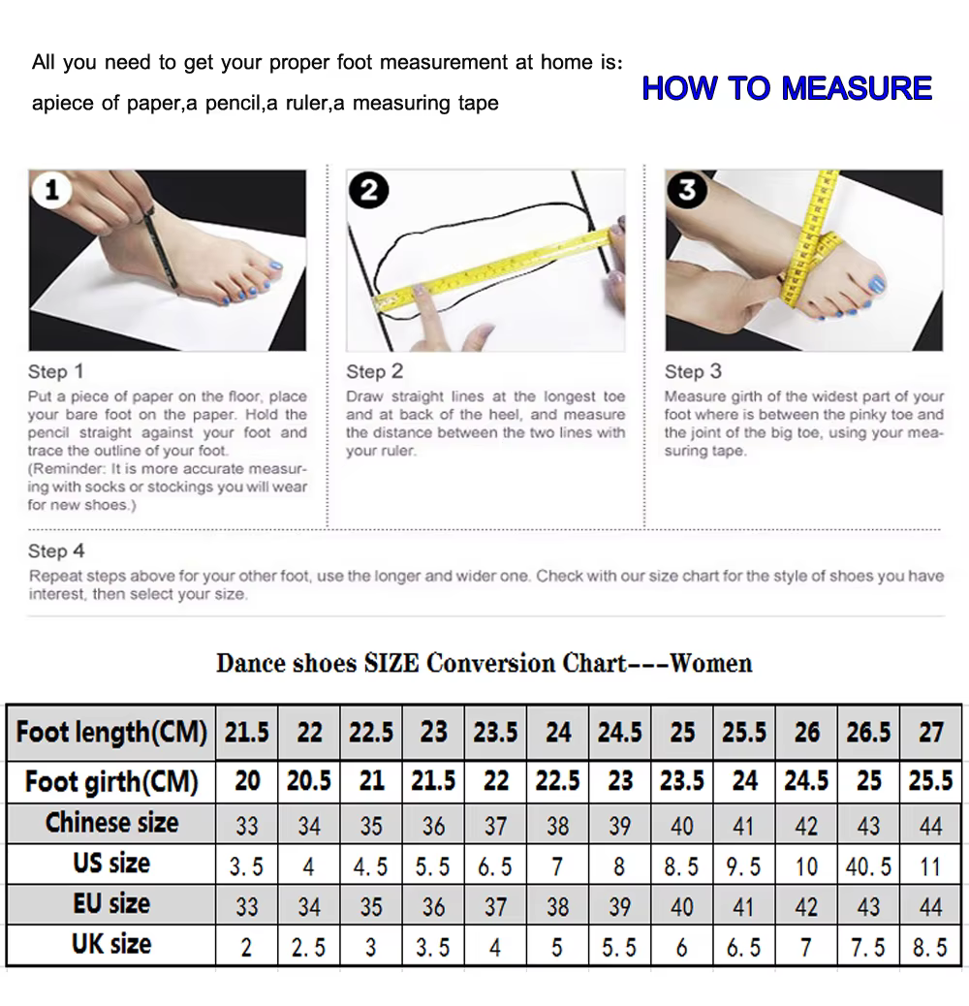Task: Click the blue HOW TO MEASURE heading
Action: click(787, 88)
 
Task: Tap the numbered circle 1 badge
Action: click(51, 190)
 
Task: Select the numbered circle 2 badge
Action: click(369, 191)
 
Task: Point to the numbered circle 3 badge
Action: click(687, 190)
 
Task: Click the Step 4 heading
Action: click(56, 551)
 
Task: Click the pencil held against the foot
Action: click(160, 250)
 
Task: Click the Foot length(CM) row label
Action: click(111, 732)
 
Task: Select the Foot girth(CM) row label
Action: click(111, 782)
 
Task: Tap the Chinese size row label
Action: click(111, 823)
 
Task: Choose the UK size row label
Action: click(111, 944)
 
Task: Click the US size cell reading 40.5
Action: click(868, 866)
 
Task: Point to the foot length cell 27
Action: click(930, 732)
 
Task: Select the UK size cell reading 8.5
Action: click(930, 948)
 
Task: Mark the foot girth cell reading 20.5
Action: click(309, 781)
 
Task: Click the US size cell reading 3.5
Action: click(246, 866)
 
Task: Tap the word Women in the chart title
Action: click(711, 663)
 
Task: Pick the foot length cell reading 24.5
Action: click(620, 732)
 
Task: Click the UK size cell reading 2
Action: click(246, 948)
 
